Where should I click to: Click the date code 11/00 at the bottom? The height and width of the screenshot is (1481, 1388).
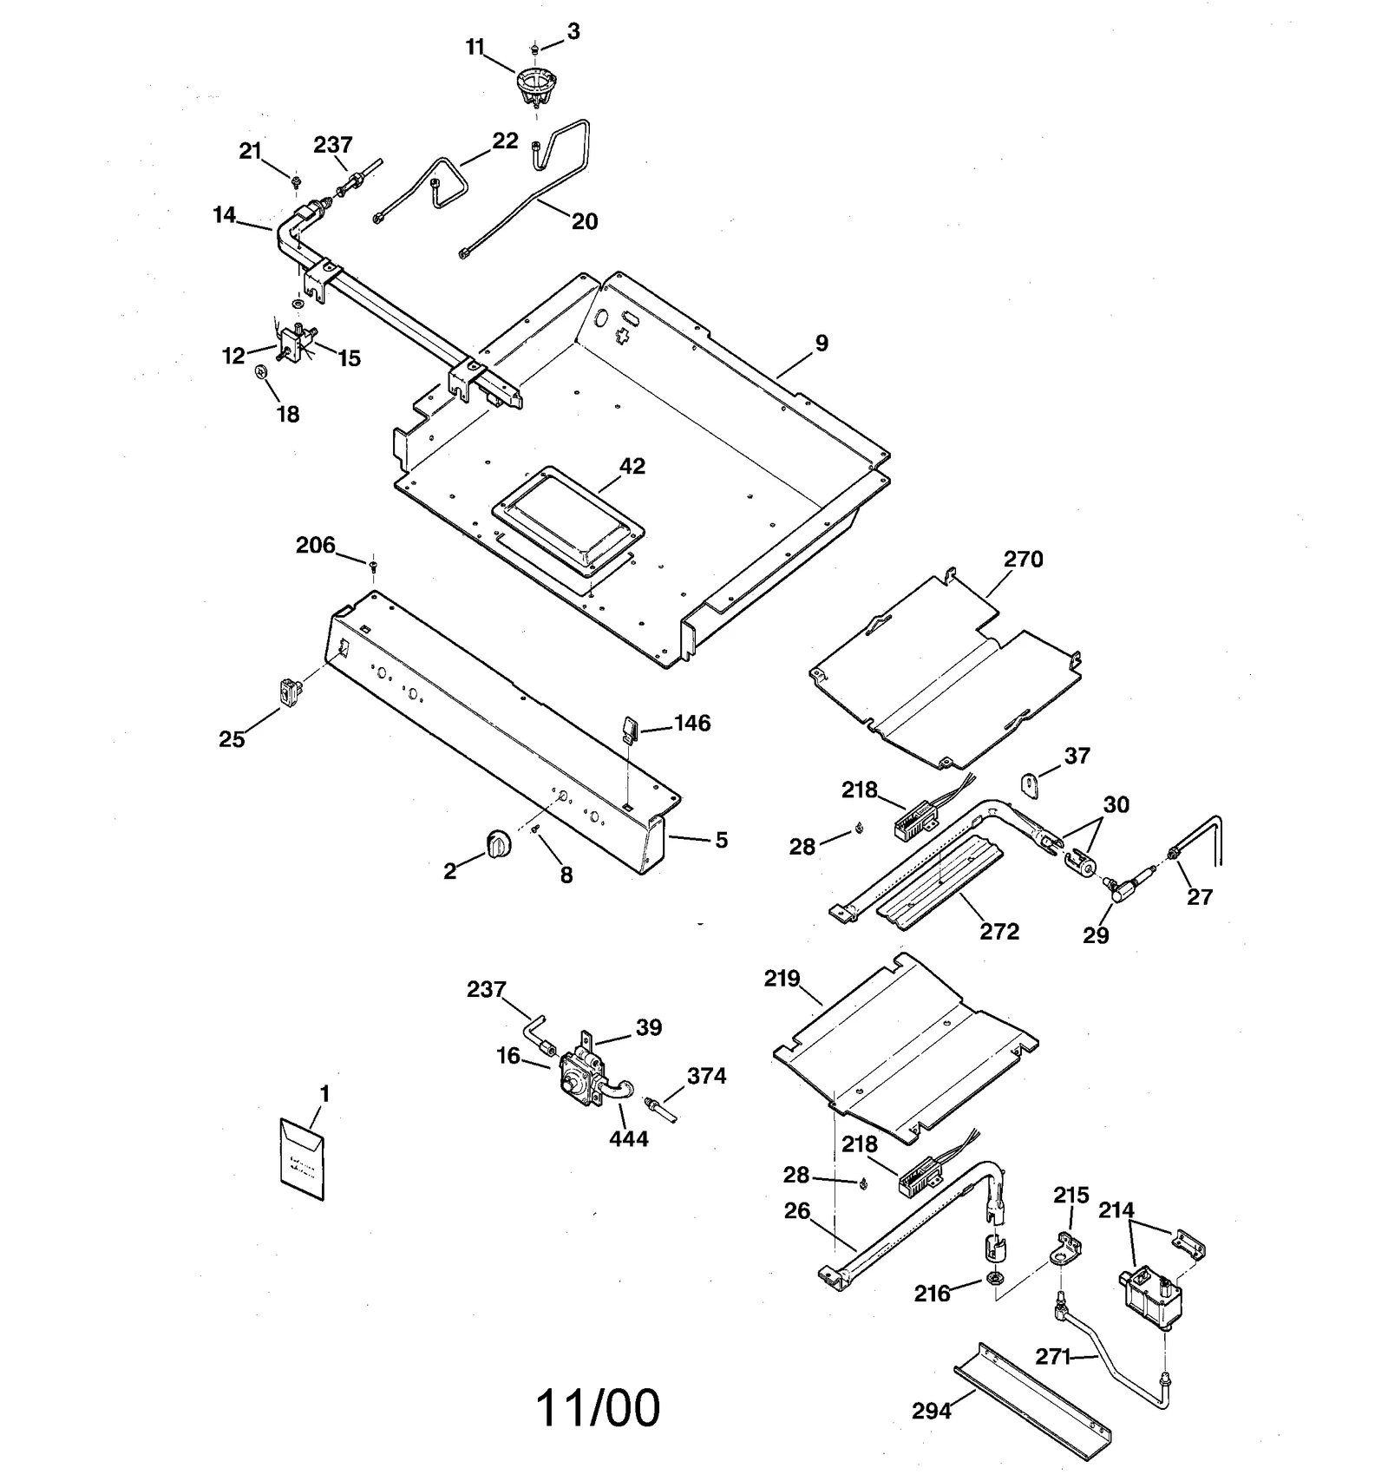click(x=598, y=1408)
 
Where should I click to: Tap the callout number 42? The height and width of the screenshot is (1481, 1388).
click(x=632, y=466)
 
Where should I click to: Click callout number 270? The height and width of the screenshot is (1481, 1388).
click(x=1023, y=559)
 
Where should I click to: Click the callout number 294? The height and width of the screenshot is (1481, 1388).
click(x=931, y=1412)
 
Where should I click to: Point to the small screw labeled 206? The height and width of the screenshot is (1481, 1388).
click(x=373, y=566)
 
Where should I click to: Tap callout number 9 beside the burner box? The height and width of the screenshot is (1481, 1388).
click(x=821, y=343)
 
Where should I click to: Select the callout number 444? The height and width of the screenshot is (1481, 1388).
click(x=628, y=1138)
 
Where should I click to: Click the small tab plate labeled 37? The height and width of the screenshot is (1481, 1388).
click(x=1030, y=785)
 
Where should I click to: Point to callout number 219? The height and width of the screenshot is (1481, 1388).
click(x=782, y=979)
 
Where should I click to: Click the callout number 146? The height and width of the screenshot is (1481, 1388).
click(x=691, y=723)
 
